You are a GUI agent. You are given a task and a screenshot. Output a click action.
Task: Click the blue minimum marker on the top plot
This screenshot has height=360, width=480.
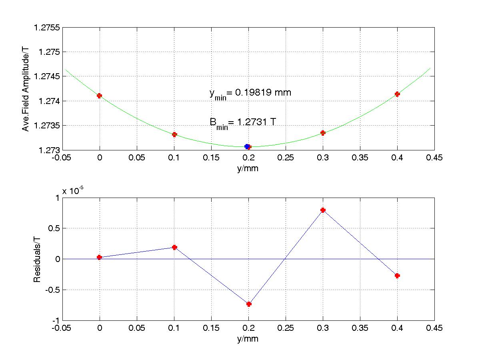tap(247, 146)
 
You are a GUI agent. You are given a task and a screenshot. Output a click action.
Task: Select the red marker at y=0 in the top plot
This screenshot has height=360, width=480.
tap(99, 96)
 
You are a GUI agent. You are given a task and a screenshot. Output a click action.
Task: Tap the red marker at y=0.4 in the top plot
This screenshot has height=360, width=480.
tap(397, 94)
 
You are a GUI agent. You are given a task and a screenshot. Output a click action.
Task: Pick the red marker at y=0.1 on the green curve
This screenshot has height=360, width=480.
tap(174, 134)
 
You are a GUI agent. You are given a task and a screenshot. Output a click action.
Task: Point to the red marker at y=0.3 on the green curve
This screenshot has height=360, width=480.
tap(323, 133)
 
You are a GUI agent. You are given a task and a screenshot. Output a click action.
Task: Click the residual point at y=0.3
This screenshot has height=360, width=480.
tap(323, 210)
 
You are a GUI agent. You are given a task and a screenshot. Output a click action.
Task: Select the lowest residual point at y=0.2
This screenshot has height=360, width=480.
tap(249, 304)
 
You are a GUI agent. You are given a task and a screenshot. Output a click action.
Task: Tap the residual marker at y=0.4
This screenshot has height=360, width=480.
tap(397, 276)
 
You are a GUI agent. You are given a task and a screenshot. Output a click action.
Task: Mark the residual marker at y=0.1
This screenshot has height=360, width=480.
tap(174, 247)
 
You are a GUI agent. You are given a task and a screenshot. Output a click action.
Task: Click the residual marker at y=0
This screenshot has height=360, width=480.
tap(99, 257)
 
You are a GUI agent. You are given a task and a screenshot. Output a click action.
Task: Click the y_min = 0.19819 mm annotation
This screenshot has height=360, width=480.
tap(250, 93)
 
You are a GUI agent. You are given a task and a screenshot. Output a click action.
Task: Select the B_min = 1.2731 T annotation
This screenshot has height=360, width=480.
tap(242, 123)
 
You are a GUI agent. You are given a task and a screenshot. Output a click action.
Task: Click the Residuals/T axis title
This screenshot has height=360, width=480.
tap(37, 259)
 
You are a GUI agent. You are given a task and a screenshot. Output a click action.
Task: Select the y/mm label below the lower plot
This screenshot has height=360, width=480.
tap(248, 339)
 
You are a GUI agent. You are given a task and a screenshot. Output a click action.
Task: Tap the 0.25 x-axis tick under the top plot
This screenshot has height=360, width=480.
tap(286, 158)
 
